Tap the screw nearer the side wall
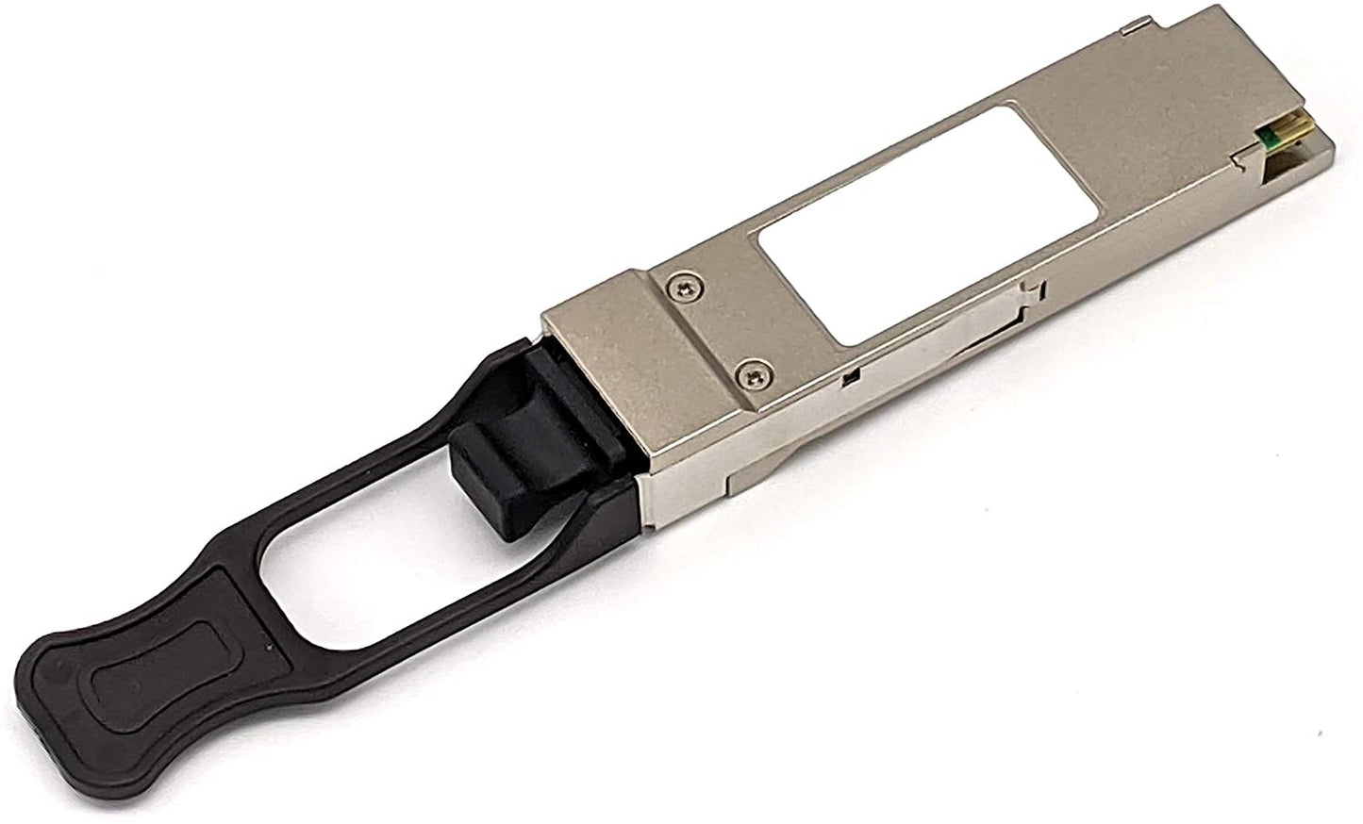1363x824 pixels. pyautogui.click(x=752, y=376)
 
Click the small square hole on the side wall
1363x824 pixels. pyautogui.click(x=847, y=381)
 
